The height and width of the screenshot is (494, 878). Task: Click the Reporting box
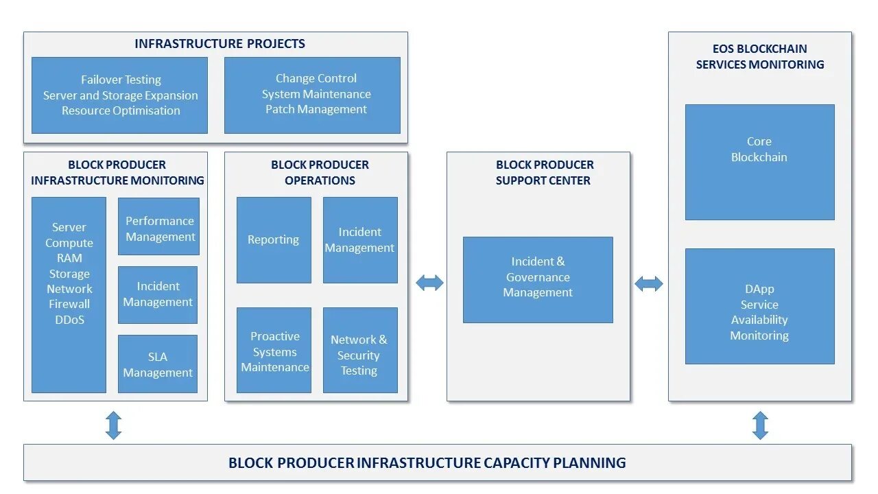(274, 240)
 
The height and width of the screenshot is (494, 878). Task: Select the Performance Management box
(158, 226)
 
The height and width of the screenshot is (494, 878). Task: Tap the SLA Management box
(158, 364)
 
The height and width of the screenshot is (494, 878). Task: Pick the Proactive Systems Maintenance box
(274, 350)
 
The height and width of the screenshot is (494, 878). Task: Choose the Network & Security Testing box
(360, 350)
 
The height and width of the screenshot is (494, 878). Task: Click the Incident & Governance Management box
(538, 280)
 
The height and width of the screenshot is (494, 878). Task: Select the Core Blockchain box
(759, 163)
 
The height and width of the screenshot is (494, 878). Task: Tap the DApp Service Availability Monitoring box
(759, 306)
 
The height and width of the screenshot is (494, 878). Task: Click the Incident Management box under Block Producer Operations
(360, 240)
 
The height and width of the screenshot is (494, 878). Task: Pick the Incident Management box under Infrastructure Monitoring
(158, 295)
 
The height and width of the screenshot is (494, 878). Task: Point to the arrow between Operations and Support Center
(429, 283)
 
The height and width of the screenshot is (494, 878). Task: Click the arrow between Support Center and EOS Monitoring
(649, 283)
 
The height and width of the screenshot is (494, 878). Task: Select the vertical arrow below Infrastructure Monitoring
(114, 425)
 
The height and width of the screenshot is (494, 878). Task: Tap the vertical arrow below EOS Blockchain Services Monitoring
(760, 425)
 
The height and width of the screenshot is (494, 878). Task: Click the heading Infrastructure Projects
(219, 43)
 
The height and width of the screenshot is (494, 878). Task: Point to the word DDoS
(70, 320)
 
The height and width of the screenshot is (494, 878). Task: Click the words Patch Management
(316, 109)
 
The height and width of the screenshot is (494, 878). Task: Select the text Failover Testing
(121, 80)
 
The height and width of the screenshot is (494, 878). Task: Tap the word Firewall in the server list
(69, 304)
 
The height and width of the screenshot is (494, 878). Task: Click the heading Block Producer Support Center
(544, 172)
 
